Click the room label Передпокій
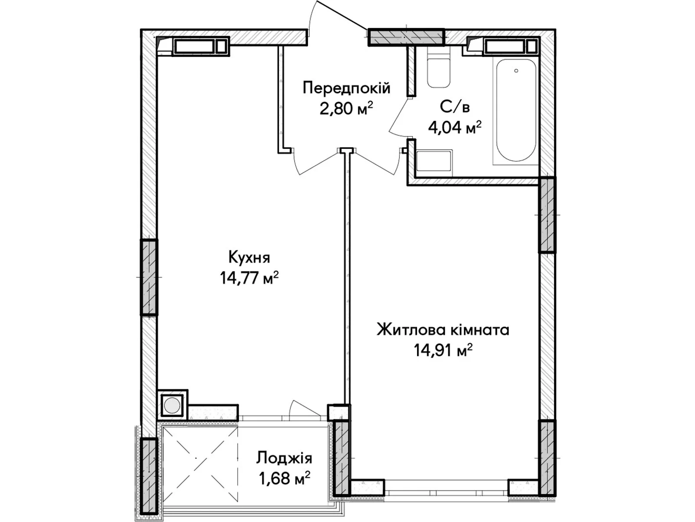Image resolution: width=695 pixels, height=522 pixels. pos(346,88)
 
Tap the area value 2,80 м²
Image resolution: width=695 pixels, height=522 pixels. pos(346,108)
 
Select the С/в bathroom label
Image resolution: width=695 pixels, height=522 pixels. pos(455,107)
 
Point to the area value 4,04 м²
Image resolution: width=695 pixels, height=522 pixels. pos(455,127)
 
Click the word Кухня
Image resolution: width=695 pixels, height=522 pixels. pos(249,258)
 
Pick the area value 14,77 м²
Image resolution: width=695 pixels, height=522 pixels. pos(249,278)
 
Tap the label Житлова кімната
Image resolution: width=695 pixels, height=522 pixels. pos(443,330)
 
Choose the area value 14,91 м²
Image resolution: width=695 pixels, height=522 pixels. pos(443,350)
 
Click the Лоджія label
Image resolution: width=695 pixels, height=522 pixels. pos(284,458)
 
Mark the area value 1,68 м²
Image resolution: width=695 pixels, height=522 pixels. pos(284,478)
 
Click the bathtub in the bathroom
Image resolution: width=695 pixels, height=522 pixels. pos(516,110)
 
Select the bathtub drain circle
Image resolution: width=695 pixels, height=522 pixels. pos(516,70)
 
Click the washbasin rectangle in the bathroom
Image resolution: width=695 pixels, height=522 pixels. pos(434,162)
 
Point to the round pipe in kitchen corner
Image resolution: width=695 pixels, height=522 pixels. pos(172,405)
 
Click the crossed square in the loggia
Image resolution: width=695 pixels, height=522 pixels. pos(200,458)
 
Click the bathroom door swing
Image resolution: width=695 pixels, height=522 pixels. pos(399,118)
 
